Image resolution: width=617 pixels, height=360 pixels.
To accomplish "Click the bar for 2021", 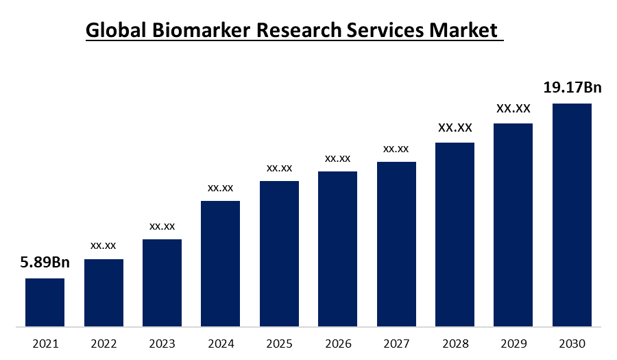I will [x=45, y=302].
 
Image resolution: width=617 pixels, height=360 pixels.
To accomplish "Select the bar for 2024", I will [x=220, y=263].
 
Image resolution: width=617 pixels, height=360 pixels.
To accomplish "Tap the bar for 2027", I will [x=396, y=243].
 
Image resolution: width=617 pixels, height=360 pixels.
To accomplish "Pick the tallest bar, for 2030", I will [x=572, y=215].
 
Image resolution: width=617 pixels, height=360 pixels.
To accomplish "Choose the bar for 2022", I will [x=104, y=292].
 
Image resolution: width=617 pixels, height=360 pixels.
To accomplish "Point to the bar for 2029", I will [x=513, y=224].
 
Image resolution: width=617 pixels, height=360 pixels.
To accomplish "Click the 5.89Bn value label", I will [x=45, y=263].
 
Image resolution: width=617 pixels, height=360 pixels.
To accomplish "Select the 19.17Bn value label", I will [x=572, y=88].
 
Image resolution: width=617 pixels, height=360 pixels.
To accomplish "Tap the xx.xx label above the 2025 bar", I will [x=279, y=168].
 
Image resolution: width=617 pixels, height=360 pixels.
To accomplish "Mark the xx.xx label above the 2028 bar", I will [x=455, y=128].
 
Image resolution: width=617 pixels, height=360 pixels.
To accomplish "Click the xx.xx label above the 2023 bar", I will [x=162, y=226].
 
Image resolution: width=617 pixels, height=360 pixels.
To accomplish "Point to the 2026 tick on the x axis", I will [x=337, y=343].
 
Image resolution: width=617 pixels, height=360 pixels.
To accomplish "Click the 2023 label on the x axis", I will [x=162, y=343].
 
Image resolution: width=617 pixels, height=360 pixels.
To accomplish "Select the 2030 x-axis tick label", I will [x=572, y=343].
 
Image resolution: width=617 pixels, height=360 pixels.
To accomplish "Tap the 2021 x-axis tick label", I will [x=45, y=343].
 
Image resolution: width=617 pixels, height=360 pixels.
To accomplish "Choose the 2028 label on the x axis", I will [x=455, y=343].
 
